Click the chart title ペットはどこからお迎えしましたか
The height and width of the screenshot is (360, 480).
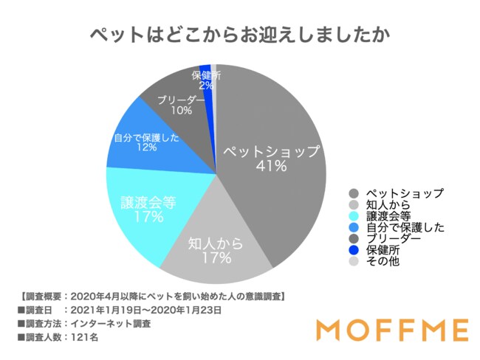[x=240, y=35]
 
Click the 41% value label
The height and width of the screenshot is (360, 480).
[x=272, y=167]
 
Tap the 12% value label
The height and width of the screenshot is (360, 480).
[x=145, y=148]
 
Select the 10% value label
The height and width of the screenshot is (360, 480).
[x=180, y=111]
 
